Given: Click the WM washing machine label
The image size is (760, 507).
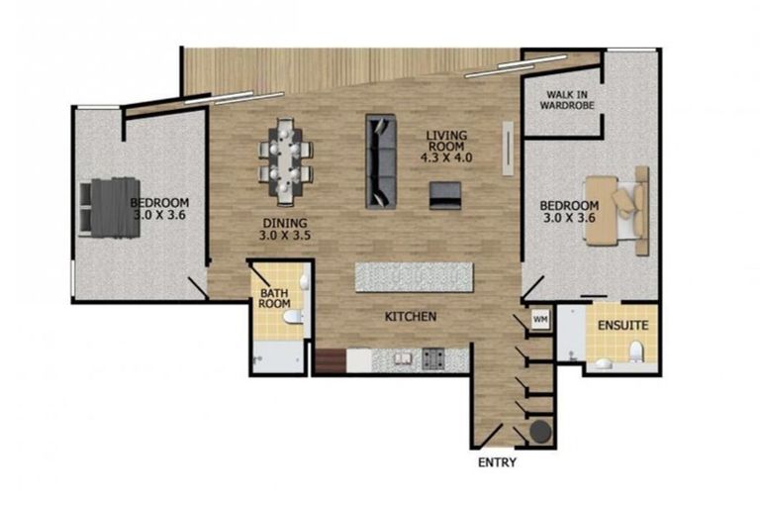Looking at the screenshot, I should click(x=540, y=320).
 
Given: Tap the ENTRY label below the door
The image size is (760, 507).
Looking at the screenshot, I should click(x=496, y=462).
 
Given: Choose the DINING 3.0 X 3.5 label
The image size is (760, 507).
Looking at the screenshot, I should click(x=285, y=230).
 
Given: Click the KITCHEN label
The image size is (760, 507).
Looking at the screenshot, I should click(x=411, y=317).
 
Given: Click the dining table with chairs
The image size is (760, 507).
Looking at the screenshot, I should click(x=286, y=155).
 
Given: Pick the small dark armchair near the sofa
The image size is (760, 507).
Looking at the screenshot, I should click(x=445, y=195).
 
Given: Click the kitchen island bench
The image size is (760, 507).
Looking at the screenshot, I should click(x=414, y=276).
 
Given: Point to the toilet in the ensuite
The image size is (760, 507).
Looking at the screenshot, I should click(x=636, y=350).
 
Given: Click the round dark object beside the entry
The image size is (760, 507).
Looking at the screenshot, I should click(x=539, y=433).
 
